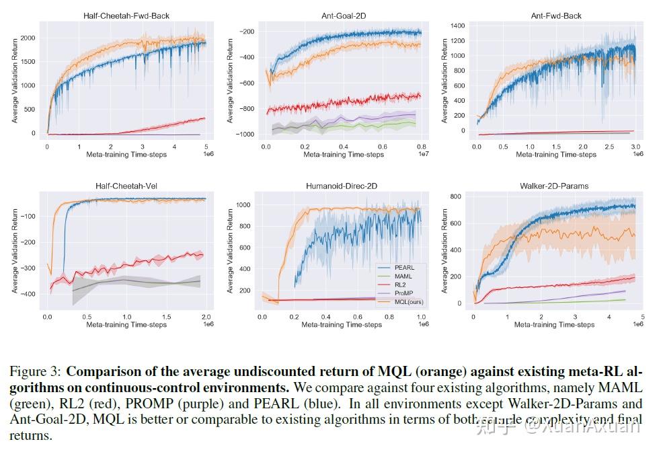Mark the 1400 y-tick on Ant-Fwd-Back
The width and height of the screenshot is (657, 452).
(457, 26)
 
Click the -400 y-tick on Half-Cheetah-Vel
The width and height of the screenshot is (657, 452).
(30, 294)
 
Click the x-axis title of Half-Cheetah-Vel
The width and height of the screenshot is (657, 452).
(126, 325)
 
